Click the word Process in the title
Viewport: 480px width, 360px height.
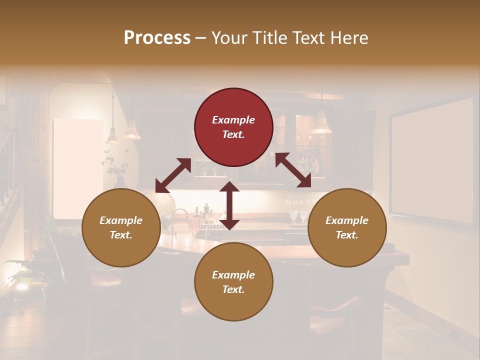[157, 37]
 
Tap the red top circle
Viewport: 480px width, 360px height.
[233, 127]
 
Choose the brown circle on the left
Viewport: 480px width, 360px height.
[121, 228]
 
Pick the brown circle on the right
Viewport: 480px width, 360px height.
[347, 228]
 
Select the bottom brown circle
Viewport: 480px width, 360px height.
[233, 281]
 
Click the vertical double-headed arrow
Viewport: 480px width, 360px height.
[229, 205]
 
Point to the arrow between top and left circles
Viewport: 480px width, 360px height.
[173, 175]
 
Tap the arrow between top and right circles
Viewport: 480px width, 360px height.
[293, 170]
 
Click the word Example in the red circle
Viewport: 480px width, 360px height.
[233, 120]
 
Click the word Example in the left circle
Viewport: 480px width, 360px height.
[121, 220]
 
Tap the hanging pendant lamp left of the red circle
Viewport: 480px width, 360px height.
[132, 131]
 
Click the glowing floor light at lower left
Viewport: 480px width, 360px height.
[21, 286]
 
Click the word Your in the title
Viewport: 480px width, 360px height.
[229, 37]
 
